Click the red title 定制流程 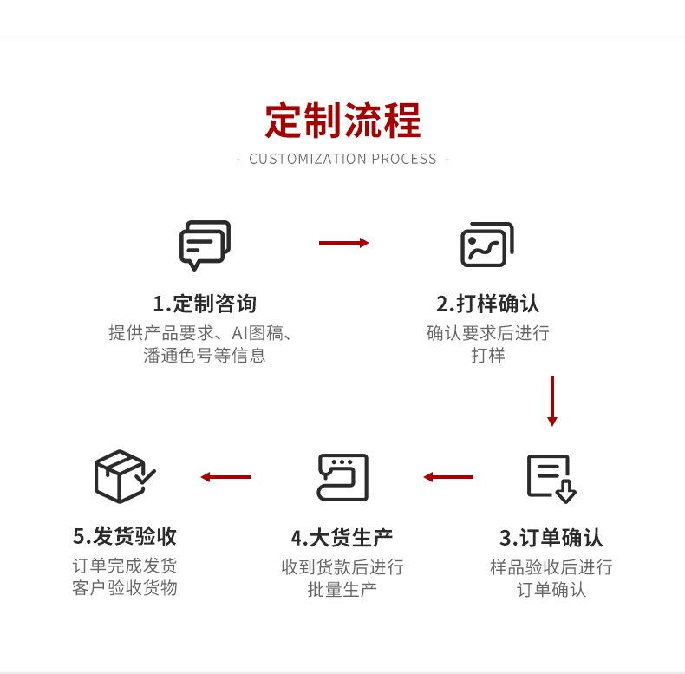[342, 121]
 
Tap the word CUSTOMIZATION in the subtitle [308, 159]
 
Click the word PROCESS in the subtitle [404, 159]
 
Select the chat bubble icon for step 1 [205, 245]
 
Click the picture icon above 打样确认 [487, 245]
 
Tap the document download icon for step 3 [551, 479]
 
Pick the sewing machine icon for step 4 [342, 477]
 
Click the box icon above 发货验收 [125, 476]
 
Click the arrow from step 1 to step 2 [344, 243]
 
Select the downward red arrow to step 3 [552, 402]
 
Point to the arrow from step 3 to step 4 [448, 477]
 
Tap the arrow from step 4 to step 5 [225, 477]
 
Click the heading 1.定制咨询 [205, 304]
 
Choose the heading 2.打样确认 [487, 304]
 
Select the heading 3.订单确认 [551, 538]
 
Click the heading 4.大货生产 [342, 538]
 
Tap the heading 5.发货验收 [125, 536]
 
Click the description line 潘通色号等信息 [205, 356]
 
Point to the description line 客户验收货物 [125, 588]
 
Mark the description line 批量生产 [342, 590]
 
